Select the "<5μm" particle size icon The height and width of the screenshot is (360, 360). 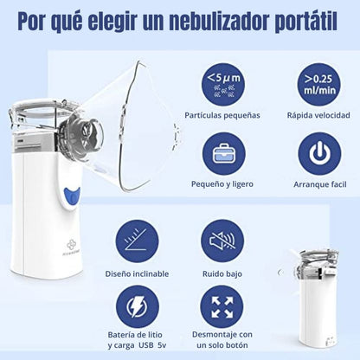(x=228, y=84)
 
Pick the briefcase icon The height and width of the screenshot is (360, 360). (x=227, y=154)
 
